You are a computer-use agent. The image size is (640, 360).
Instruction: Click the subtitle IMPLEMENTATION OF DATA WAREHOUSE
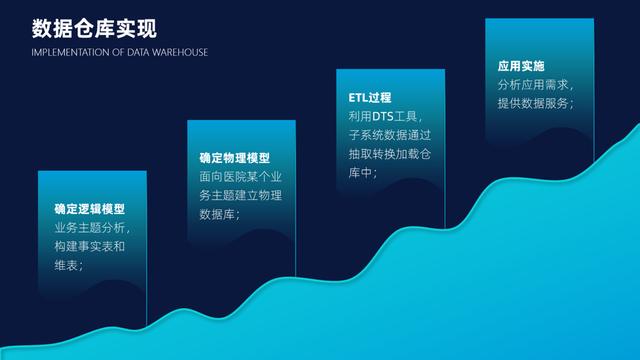pyautogui.click(x=119, y=52)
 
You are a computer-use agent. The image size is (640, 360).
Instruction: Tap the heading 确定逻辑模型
pyautogui.click(x=90, y=209)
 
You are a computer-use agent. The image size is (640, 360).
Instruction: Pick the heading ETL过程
pyautogui.click(x=370, y=98)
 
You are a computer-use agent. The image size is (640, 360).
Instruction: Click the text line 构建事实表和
pyautogui.click(x=89, y=247)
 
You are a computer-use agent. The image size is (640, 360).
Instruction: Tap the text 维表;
pyautogui.click(x=69, y=266)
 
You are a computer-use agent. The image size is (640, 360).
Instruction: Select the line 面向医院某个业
pyautogui.click(x=241, y=177)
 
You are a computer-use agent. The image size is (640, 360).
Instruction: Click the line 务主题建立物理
pyautogui.click(x=241, y=196)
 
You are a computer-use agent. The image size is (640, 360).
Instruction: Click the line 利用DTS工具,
pyautogui.click(x=386, y=117)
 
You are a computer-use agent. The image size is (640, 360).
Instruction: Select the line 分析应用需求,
pyautogui.click(x=536, y=85)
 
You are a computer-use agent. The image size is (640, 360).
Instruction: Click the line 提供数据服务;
pyautogui.click(x=536, y=104)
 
